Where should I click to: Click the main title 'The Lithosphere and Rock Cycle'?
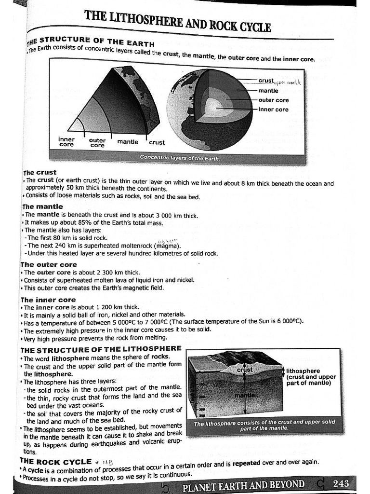pyautogui.click(x=178, y=22)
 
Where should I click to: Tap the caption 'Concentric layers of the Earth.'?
pyautogui.click(x=179, y=158)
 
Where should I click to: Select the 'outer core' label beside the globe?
pyautogui.click(x=273, y=100)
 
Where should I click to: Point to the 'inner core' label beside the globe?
pyautogui.click(x=273, y=110)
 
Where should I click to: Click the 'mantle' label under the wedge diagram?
pyautogui.click(x=128, y=142)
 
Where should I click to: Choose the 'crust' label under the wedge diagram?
pyautogui.click(x=157, y=142)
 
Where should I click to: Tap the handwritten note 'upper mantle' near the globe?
pyautogui.click(x=288, y=82)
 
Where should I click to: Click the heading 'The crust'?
pyautogui.click(x=40, y=172)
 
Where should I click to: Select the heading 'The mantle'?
pyautogui.click(x=42, y=206)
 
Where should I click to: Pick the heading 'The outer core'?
pyautogui.click(x=48, y=264)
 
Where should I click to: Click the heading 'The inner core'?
pyautogui.click(x=48, y=300)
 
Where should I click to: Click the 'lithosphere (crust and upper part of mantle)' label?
pyautogui.click(x=311, y=377)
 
